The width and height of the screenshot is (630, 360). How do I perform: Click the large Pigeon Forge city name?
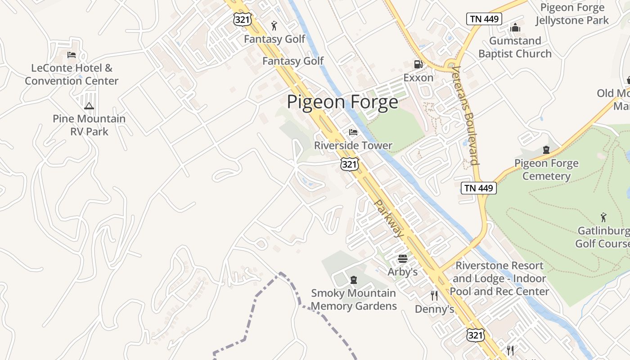point(342,102)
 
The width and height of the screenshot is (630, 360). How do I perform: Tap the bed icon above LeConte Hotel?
point(72,55)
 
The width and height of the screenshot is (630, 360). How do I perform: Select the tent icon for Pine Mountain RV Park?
point(89,106)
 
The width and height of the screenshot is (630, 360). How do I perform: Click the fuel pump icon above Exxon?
point(418,64)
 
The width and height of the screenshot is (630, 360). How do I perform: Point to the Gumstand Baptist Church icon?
point(515,28)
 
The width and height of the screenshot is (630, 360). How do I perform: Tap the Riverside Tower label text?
point(353,145)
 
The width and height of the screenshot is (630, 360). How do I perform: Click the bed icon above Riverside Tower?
point(353,132)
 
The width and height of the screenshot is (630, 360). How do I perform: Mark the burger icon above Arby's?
point(403,259)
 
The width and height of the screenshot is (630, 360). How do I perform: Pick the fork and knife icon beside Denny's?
point(434,296)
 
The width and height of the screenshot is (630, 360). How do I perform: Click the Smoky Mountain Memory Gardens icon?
point(354,280)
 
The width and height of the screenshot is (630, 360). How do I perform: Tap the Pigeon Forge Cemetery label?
point(546,169)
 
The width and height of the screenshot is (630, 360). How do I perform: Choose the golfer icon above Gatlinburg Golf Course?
point(603,218)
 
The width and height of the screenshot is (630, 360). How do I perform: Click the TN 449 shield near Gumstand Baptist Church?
point(484,19)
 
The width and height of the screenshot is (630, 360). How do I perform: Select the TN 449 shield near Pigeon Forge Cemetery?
point(478,188)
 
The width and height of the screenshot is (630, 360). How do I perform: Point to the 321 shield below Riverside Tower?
point(350,164)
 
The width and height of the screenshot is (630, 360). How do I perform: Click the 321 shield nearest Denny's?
point(476,335)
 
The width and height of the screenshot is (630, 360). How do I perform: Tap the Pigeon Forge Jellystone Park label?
point(572,14)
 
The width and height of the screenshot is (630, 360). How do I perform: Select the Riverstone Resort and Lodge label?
point(499,279)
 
